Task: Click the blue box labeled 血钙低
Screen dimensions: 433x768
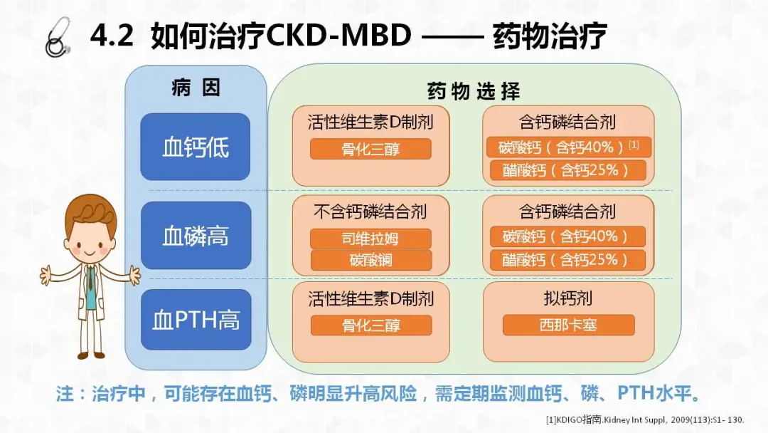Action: (x=196, y=147)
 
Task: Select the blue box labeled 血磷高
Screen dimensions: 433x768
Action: (x=196, y=236)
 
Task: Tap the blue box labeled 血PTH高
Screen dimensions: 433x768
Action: (x=196, y=320)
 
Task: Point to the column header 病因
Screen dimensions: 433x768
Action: (x=196, y=88)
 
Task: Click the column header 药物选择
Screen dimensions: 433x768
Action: (x=473, y=91)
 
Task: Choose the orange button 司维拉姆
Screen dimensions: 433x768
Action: (x=370, y=239)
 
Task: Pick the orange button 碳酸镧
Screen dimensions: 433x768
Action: (x=370, y=260)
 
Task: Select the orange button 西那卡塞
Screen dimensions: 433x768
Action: (x=568, y=325)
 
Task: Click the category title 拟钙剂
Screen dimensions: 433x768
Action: (x=568, y=298)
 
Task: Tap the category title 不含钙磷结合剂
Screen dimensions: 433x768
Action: (x=370, y=212)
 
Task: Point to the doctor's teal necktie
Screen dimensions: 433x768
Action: (x=91, y=285)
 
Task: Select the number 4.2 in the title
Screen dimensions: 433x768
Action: (x=112, y=36)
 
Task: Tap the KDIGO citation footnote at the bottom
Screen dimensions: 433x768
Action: (x=645, y=419)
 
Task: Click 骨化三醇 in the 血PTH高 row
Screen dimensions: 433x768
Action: (x=370, y=325)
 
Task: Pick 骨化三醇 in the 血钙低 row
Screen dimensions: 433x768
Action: (x=370, y=150)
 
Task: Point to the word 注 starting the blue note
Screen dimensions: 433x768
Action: (x=65, y=394)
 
